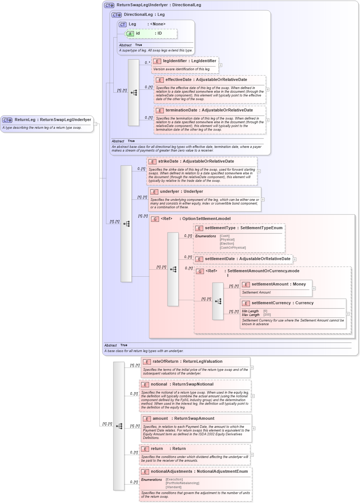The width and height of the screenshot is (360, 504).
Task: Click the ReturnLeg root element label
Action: point(25,120)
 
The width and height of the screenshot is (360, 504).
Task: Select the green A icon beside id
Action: point(130,34)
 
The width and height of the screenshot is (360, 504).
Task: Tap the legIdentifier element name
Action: point(175,61)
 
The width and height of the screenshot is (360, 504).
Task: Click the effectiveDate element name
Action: point(178,80)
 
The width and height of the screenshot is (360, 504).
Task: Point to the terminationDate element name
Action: point(181,110)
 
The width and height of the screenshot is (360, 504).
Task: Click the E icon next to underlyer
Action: point(154,192)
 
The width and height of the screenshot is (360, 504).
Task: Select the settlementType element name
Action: point(220,228)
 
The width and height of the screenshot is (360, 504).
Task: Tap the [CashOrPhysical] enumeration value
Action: point(233,248)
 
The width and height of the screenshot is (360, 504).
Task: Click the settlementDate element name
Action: point(220,259)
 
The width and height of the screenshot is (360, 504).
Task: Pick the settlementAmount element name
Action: point(270,284)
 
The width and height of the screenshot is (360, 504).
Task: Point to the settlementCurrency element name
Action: point(271,303)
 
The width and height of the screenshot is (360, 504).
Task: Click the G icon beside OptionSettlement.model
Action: point(155,219)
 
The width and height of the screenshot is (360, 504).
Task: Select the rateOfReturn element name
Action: point(165,362)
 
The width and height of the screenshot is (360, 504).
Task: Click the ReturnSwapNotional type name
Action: point(193,384)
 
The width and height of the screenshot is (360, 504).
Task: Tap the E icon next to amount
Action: point(147,419)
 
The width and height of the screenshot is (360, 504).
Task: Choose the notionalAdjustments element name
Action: point(171,472)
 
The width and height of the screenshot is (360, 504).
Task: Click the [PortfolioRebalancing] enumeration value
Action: point(182,483)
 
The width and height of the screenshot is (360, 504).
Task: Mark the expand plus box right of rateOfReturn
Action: point(252,368)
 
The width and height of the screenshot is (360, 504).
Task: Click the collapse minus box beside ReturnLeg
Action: point(95,124)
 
